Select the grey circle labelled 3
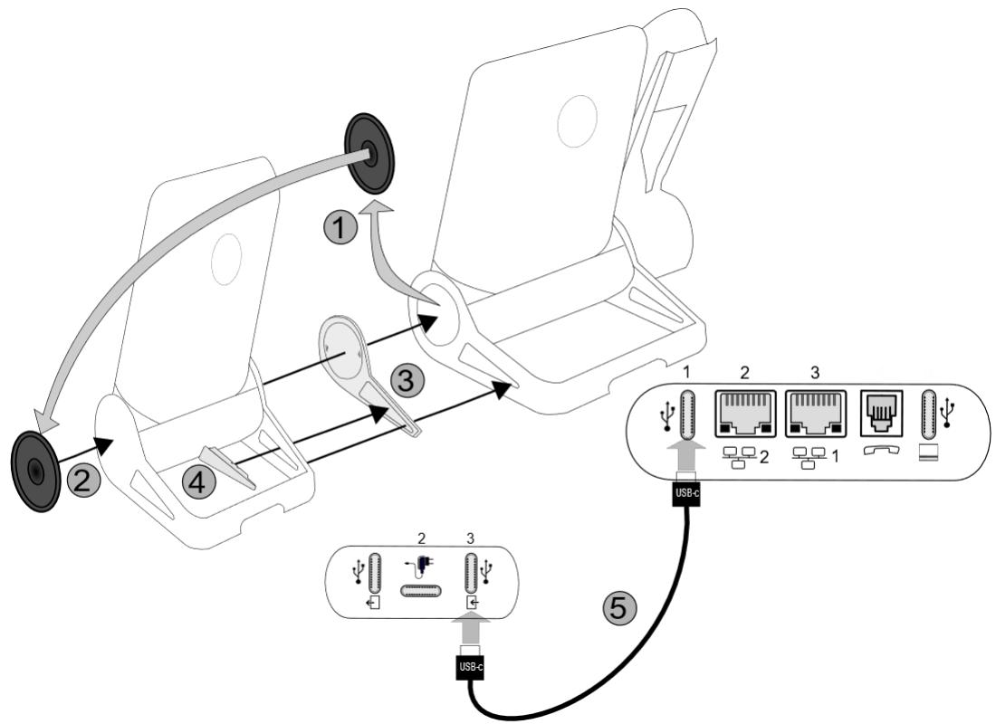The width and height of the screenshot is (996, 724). [406, 381]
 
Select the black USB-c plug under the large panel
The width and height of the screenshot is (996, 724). [685, 494]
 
